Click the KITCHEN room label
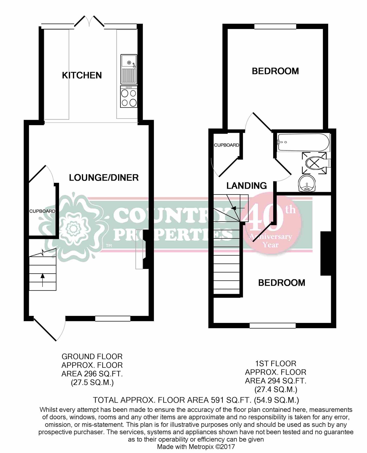tap(82, 75)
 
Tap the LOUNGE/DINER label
tap(104, 178)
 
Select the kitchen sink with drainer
tap(129, 69)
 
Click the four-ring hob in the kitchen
tap(129, 97)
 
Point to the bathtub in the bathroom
tap(303, 142)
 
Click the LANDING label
tap(247, 186)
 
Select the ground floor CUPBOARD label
tap(42, 211)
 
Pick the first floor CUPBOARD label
tap(226, 145)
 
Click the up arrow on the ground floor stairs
tap(42, 280)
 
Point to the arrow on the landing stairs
tap(235, 208)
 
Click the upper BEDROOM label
tap(275, 71)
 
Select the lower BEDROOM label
tap(281, 283)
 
